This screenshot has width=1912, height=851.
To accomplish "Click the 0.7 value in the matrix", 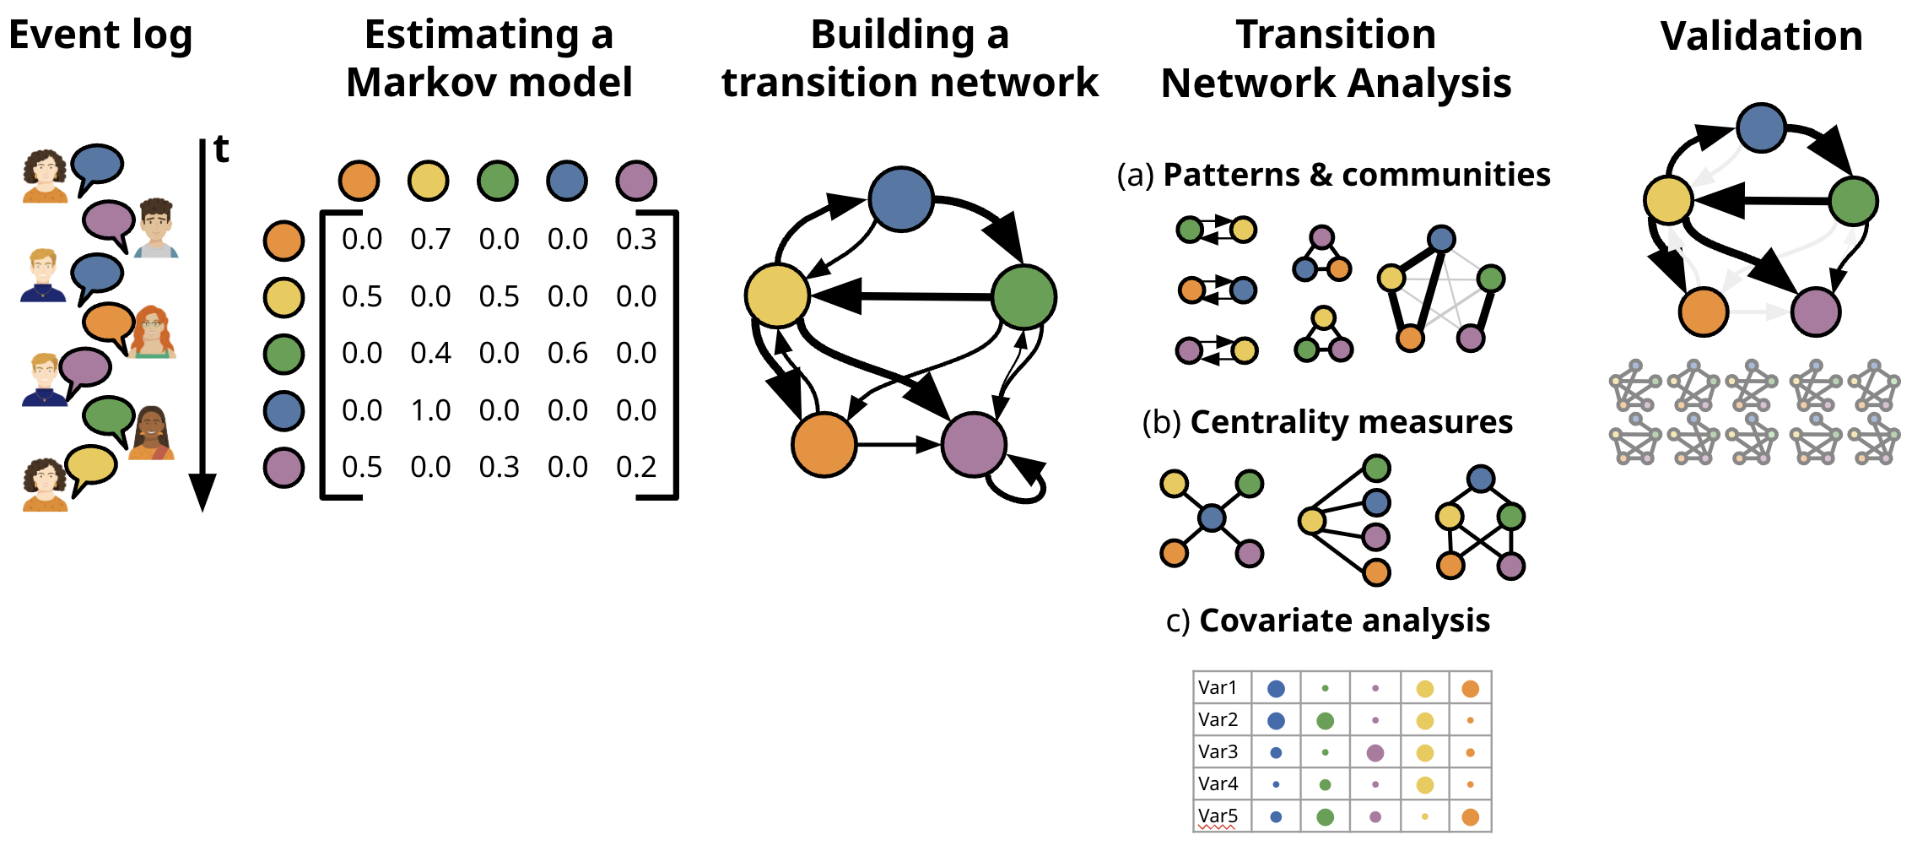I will (x=430, y=240).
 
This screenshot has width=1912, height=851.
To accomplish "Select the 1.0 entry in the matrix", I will (x=430, y=410).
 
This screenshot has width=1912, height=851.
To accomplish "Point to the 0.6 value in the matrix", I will (x=567, y=353).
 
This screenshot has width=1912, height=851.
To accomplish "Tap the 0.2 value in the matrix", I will (x=636, y=467).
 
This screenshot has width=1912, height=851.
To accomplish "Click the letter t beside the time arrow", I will (x=221, y=149).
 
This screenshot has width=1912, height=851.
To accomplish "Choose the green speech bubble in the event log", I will (x=109, y=416).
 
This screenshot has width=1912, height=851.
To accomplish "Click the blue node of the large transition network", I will (x=901, y=199).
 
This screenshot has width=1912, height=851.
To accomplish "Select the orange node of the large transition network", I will (x=824, y=444).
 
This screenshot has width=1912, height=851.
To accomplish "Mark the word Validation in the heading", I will (x=1761, y=36).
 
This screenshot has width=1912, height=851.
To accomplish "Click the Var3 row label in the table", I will (x=1218, y=751).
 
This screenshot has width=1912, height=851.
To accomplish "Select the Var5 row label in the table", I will (x=1218, y=816).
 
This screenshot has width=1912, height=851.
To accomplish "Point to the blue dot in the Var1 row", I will (x=1276, y=689).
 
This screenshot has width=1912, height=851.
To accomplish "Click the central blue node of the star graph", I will (x=1212, y=518).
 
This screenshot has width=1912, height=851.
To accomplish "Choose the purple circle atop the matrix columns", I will (x=636, y=181).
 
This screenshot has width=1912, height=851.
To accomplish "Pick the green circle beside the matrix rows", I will (x=284, y=354).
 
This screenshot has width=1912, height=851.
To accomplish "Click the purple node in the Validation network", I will (x=1815, y=312).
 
